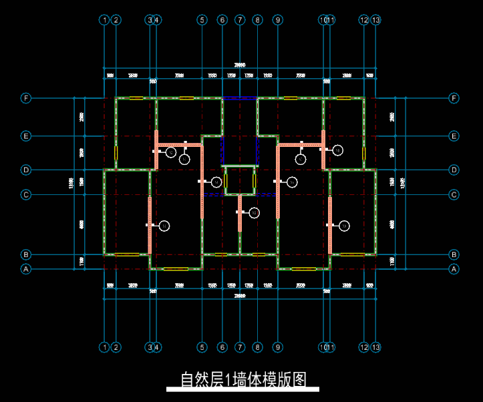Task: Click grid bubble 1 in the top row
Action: click(x=104, y=20)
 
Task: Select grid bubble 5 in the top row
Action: click(x=202, y=20)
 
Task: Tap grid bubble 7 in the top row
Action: click(x=240, y=20)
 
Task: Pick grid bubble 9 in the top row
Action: click(x=277, y=20)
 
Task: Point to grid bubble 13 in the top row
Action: click(x=376, y=20)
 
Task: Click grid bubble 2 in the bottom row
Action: click(x=116, y=347)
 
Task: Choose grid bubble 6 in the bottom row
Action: click(x=222, y=347)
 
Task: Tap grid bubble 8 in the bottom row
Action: click(x=258, y=347)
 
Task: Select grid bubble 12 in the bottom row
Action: click(x=364, y=347)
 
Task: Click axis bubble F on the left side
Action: click(x=26, y=98)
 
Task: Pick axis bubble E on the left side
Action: click(x=26, y=136)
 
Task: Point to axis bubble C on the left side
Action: click(x=26, y=195)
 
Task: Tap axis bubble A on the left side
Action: click(x=26, y=269)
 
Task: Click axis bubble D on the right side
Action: click(x=454, y=170)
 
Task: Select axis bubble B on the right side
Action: click(x=454, y=254)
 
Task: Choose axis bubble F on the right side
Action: click(x=454, y=98)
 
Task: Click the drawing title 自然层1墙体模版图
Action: click(x=243, y=379)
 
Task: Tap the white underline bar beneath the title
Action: click(x=243, y=389)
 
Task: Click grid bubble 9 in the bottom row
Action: click(x=277, y=347)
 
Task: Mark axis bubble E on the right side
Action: click(x=454, y=136)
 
